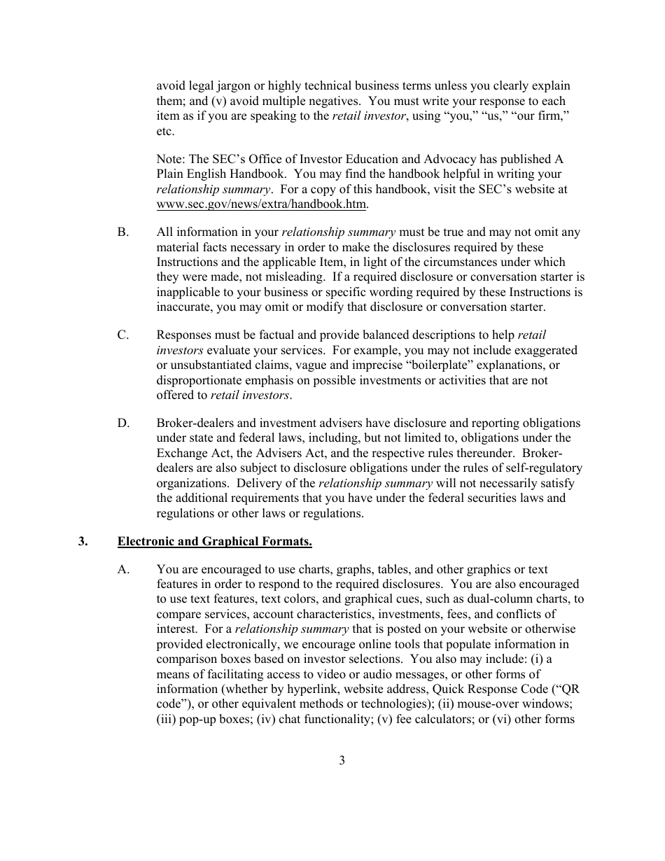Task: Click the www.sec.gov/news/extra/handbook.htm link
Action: click(x=261, y=204)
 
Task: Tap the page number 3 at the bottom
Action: click(x=342, y=760)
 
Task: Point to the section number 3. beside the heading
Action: click(x=83, y=541)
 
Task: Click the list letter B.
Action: click(x=123, y=232)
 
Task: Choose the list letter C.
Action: click(x=123, y=335)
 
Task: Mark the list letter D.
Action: click(x=123, y=423)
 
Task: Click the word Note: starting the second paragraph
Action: click(x=171, y=159)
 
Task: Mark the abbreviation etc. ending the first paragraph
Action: click(x=165, y=131)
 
